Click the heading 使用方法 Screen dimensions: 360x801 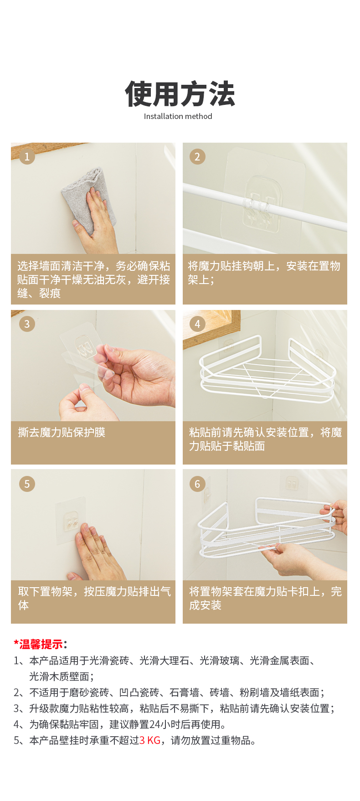[x=180, y=94]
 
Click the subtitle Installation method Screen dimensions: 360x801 [x=178, y=116]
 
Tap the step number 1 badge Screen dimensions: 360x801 [x=27, y=157]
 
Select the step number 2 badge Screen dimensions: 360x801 [x=197, y=157]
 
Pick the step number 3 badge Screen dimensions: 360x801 [x=27, y=324]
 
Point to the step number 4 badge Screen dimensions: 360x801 [x=197, y=324]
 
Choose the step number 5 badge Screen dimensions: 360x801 [x=27, y=484]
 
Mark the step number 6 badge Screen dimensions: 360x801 [x=197, y=484]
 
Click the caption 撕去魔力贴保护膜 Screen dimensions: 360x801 [x=62, y=432]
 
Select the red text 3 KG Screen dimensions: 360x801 [x=150, y=740]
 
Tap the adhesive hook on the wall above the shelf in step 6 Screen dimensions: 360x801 [x=290, y=485]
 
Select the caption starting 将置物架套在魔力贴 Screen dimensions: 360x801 [x=265, y=598]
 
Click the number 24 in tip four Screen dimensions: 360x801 [x=154, y=724]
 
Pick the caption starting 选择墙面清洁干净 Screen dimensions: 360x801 [x=93, y=279]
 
